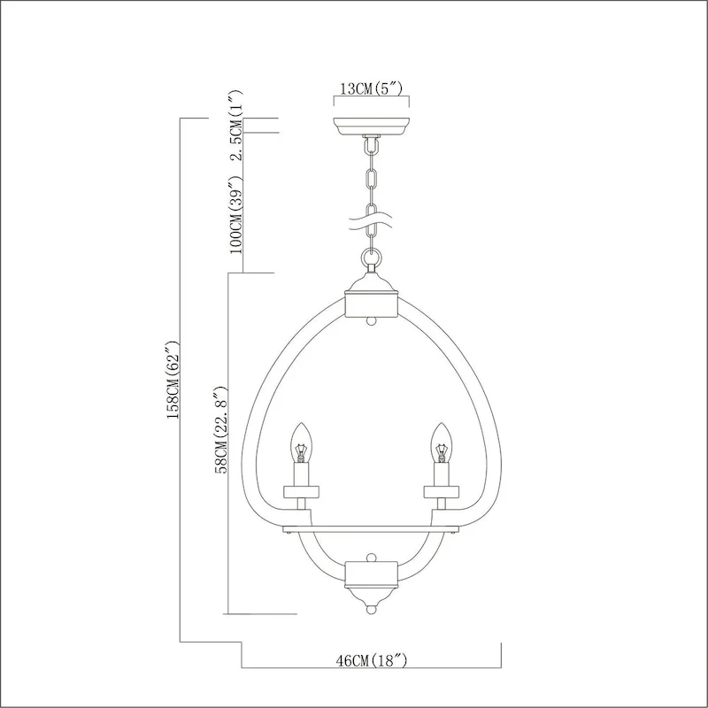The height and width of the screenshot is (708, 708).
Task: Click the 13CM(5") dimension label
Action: [372, 88]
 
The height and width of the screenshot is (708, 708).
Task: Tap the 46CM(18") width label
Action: [372, 660]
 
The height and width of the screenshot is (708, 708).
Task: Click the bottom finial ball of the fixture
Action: [372, 608]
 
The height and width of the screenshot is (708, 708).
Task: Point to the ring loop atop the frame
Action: [372, 259]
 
